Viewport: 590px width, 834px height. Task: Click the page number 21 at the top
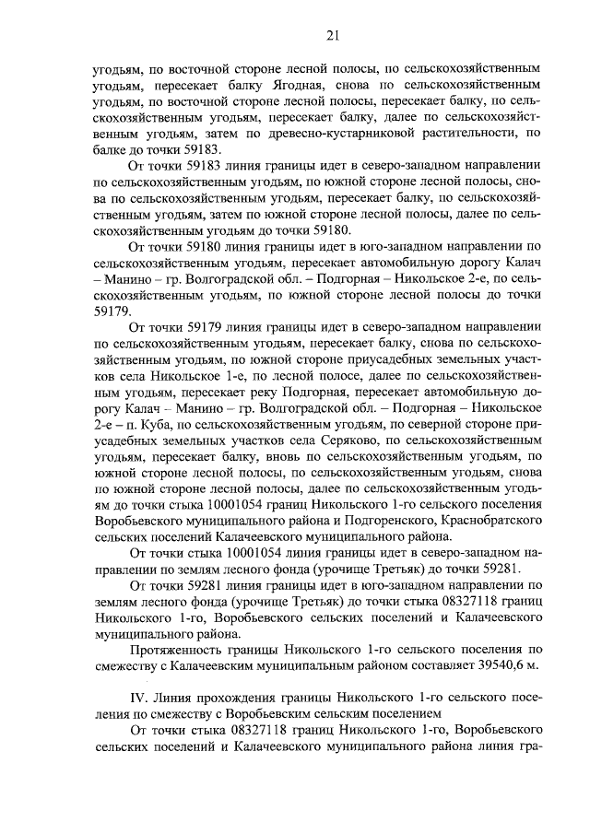pos(333,36)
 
